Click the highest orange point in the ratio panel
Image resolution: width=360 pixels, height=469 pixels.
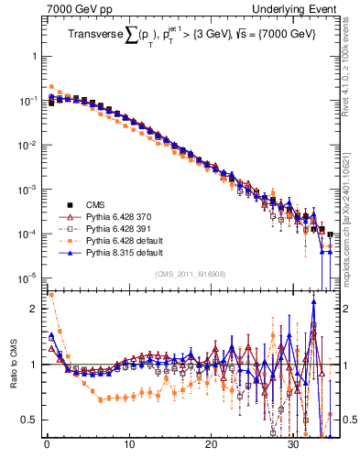[x=51, y=295]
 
